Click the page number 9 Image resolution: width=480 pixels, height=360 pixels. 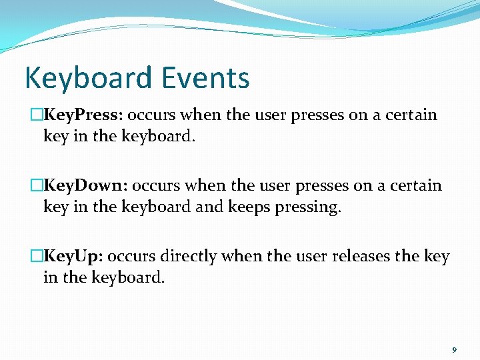(x=454, y=349)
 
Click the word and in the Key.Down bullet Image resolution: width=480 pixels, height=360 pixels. (x=210, y=207)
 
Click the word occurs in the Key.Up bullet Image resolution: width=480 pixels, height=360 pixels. (x=130, y=256)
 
